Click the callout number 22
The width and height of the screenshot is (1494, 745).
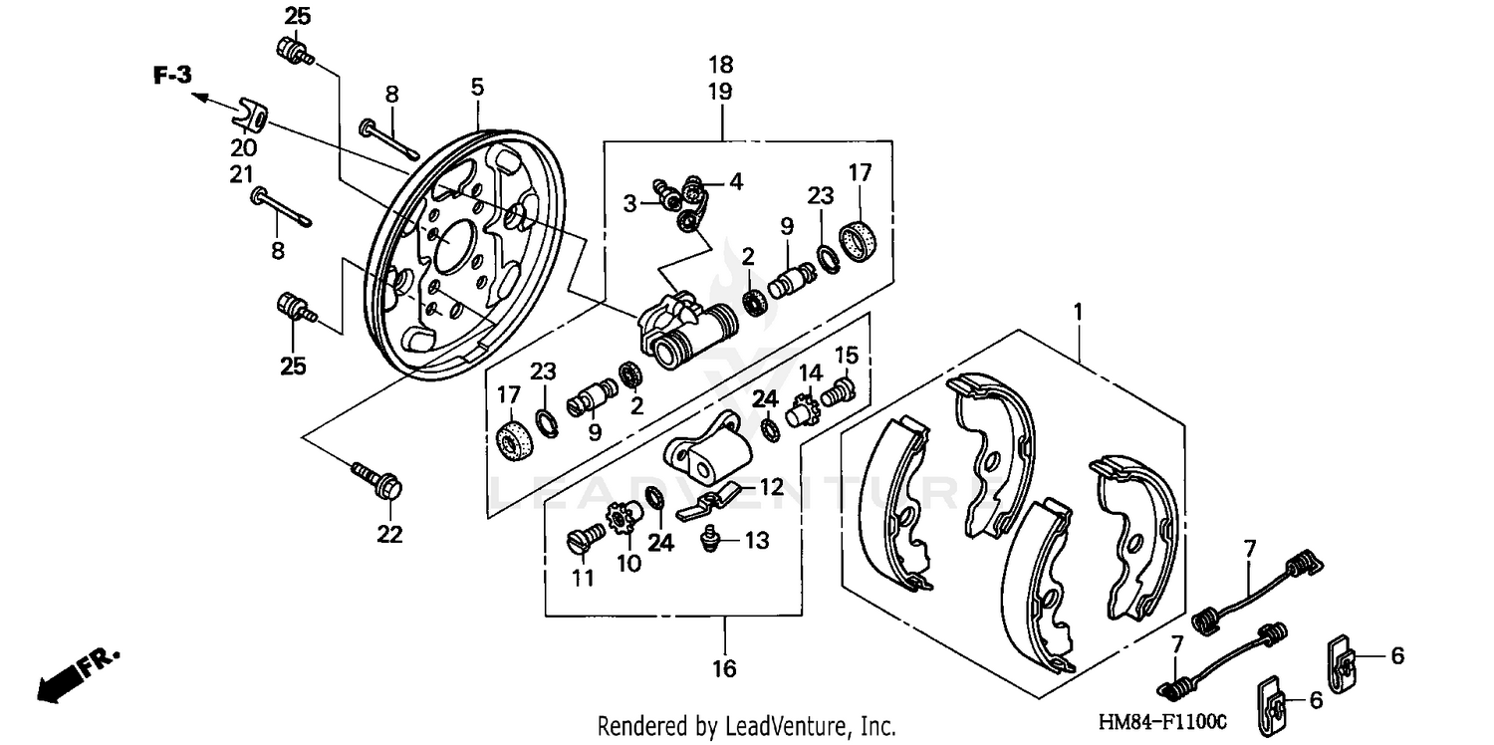tap(389, 535)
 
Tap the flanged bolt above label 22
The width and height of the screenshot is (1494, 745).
tap(378, 480)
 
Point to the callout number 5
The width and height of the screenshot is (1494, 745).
tap(477, 88)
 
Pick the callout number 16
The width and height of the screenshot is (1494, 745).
tap(724, 668)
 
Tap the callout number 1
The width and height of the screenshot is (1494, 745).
tap(1077, 312)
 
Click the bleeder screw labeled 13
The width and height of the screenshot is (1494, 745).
tap(712, 539)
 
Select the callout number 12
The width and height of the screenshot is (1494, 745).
tap(772, 488)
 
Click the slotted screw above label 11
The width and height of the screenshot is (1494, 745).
tap(583, 540)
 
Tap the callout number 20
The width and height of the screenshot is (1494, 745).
tap(243, 148)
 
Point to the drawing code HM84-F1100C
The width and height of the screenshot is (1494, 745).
tap(1162, 721)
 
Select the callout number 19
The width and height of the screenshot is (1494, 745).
tap(720, 92)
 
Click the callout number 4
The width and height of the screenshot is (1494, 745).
tap(735, 181)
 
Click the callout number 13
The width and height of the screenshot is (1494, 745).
tap(757, 541)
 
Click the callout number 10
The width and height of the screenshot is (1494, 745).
tap(627, 563)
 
